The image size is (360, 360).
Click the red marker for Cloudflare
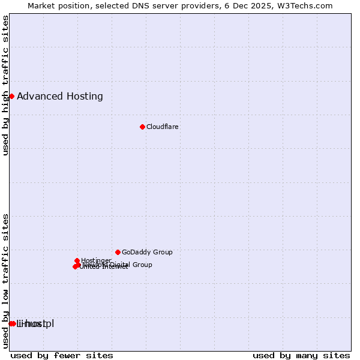coord(142,127)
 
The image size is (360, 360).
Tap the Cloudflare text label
coord(162,127)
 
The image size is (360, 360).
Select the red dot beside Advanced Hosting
coord(11,96)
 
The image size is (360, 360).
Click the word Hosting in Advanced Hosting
coord(83,97)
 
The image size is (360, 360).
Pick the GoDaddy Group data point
coord(118,252)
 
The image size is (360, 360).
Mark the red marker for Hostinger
coord(77,260)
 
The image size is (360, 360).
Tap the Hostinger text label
coord(96,260)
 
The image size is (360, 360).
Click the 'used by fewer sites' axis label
coord(62,355)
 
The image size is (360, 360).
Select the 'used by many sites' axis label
coord(301,355)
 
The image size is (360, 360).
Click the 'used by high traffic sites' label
coord(6,85)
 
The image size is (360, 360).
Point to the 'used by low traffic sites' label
coord(6,281)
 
